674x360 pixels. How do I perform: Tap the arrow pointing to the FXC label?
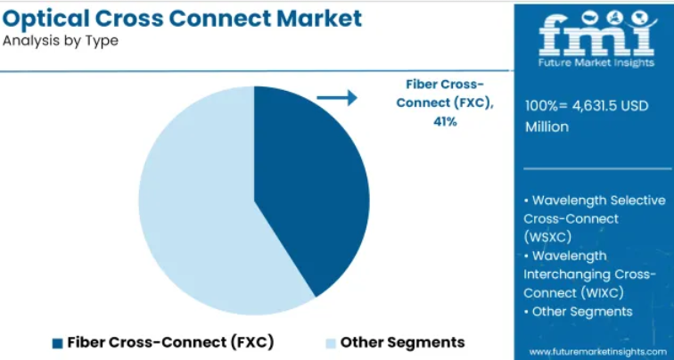[337, 97]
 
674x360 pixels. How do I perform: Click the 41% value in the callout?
[445, 121]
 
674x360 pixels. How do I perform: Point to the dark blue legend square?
[58, 343]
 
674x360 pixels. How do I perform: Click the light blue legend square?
[331, 343]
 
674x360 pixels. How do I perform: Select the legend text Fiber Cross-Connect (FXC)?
[170, 342]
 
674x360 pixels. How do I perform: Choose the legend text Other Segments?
[402, 342]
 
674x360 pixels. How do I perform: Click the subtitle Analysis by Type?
[61, 41]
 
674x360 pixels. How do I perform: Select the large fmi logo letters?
[596, 36]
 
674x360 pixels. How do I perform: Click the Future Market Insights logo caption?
[596, 62]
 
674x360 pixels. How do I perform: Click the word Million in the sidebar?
[547, 127]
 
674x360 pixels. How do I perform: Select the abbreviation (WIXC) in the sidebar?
[602, 293]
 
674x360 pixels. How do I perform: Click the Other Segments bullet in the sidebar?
[578, 312]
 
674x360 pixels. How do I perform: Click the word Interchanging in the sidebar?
[567, 274]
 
